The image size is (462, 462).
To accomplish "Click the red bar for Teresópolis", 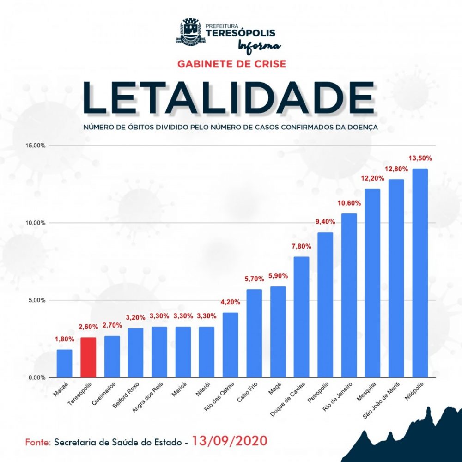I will (88, 357).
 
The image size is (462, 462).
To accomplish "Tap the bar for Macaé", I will (64, 363).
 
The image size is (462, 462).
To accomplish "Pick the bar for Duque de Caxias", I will (302, 317).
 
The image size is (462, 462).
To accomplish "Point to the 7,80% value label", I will (301, 246).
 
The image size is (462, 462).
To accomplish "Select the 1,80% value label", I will (64, 339).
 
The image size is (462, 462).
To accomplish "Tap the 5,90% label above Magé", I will (278, 276).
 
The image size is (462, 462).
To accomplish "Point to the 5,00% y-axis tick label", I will (36, 300).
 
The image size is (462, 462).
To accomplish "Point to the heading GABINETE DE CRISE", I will (231, 63).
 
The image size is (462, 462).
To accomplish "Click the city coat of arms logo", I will (189, 32).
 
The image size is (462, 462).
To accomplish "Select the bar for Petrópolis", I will (325, 305).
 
